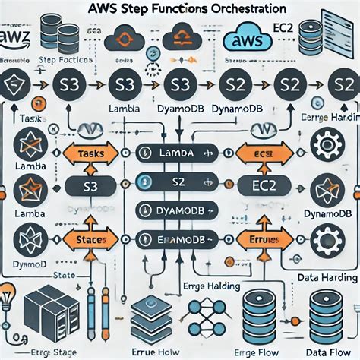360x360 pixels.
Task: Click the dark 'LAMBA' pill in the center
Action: [179, 153]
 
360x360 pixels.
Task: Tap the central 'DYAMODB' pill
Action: [179, 211]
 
